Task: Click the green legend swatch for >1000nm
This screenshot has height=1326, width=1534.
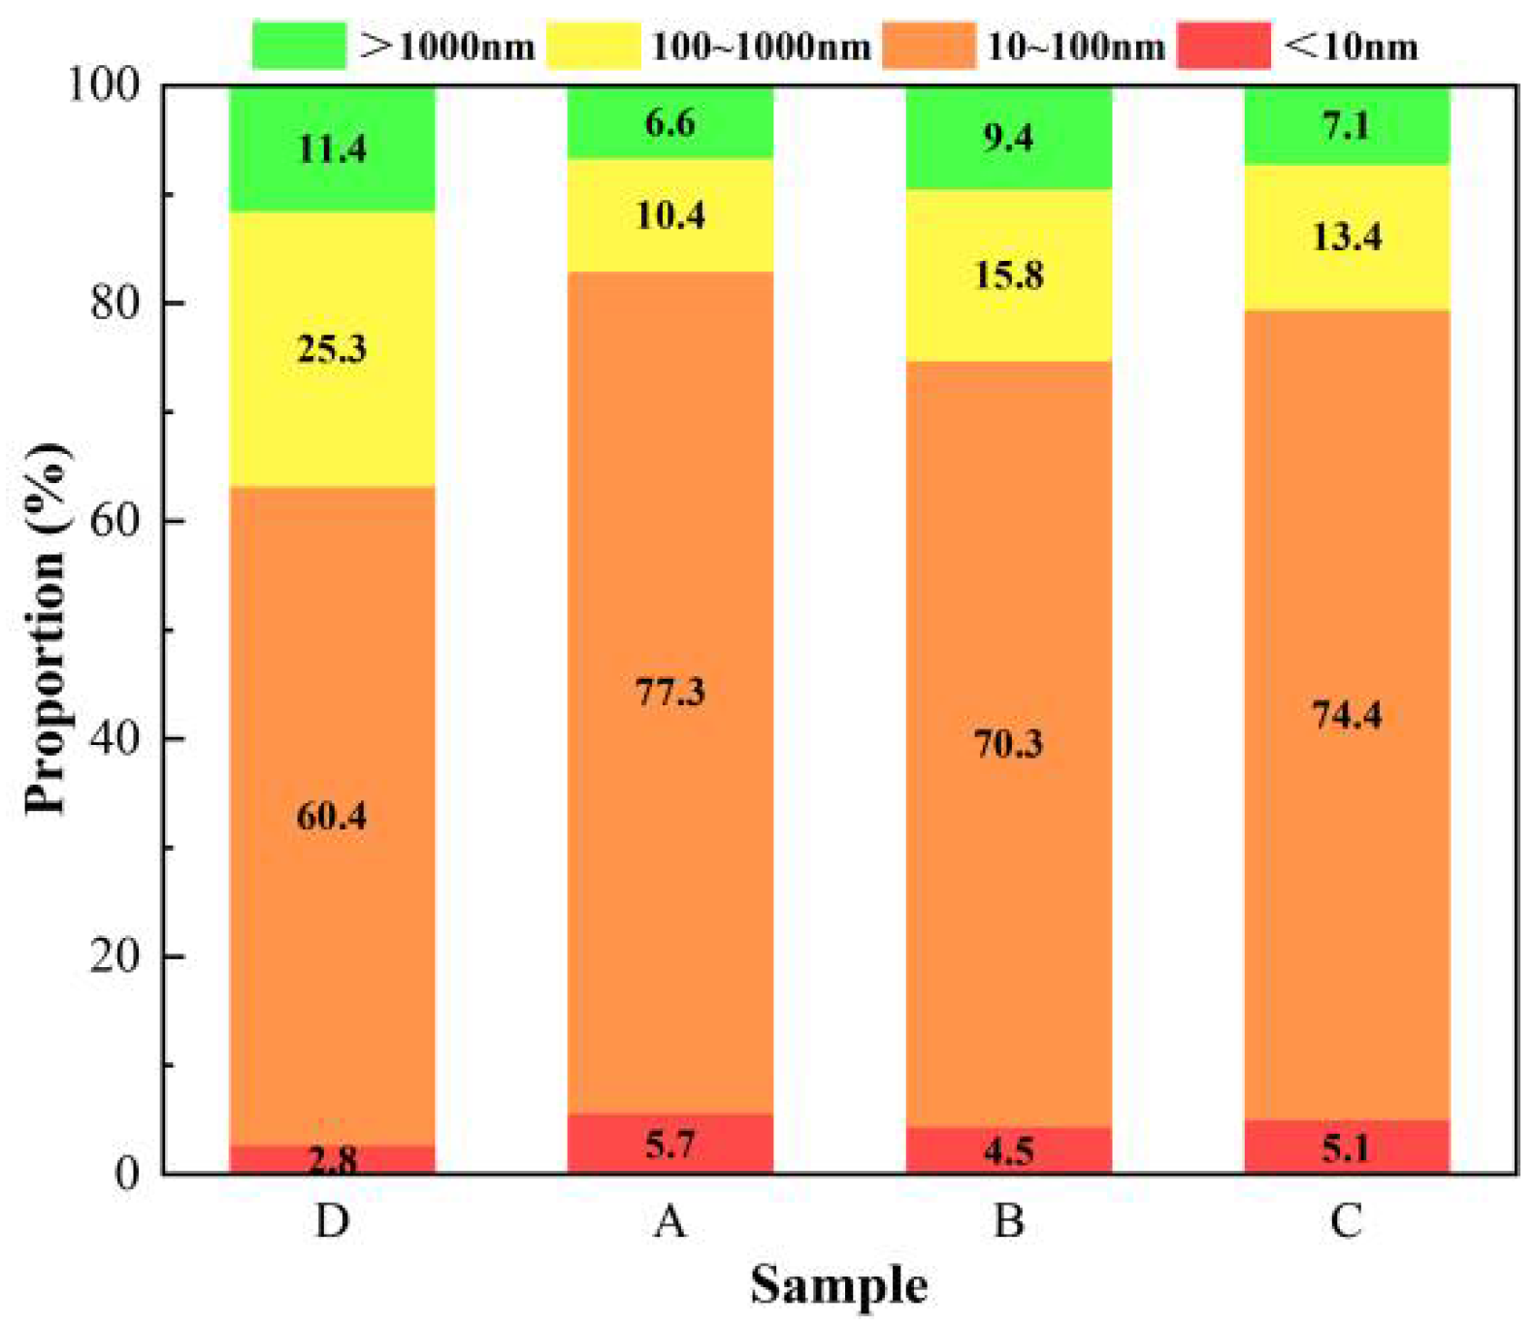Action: [x=298, y=46]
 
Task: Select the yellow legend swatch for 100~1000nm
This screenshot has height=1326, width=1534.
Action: [x=594, y=46]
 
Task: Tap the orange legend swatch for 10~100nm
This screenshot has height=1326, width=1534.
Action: [x=929, y=46]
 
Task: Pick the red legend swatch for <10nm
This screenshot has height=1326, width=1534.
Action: [x=1224, y=46]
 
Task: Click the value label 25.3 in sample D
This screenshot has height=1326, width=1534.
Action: [x=332, y=349]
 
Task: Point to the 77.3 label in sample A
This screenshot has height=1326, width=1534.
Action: [x=670, y=693]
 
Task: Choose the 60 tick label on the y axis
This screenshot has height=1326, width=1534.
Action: [x=115, y=520]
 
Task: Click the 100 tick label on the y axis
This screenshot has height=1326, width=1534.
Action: [x=103, y=84]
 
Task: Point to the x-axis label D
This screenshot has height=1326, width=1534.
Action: [x=332, y=1220]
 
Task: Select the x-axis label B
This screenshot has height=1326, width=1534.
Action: [x=1009, y=1220]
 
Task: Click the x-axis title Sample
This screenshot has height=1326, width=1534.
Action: [x=839, y=1285]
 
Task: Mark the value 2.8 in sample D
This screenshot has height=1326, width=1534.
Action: [x=332, y=1160]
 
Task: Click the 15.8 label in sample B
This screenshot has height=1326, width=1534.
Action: [x=1009, y=275]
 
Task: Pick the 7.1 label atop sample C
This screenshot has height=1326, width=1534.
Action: [x=1347, y=126]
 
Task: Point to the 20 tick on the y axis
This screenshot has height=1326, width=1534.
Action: [x=115, y=956]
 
